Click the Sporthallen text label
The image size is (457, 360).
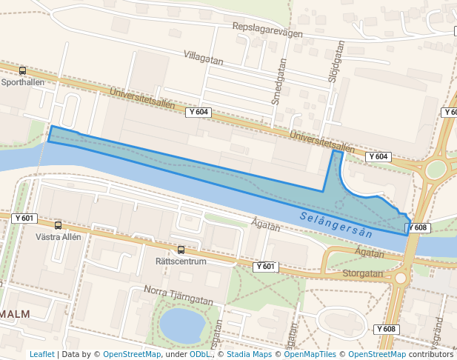coord(22,82)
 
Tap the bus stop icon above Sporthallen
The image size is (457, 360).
coord(22,71)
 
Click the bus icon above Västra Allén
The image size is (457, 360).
coord(58,225)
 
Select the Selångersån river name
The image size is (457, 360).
coord(336,224)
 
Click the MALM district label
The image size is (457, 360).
coord(16,314)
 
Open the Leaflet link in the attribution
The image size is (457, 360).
coord(41,354)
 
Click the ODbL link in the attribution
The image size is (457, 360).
coord(200,354)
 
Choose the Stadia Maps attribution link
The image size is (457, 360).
coord(249,354)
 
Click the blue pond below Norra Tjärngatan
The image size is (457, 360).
coord(181,325)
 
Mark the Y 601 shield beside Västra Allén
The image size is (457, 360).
coord(24,218)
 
